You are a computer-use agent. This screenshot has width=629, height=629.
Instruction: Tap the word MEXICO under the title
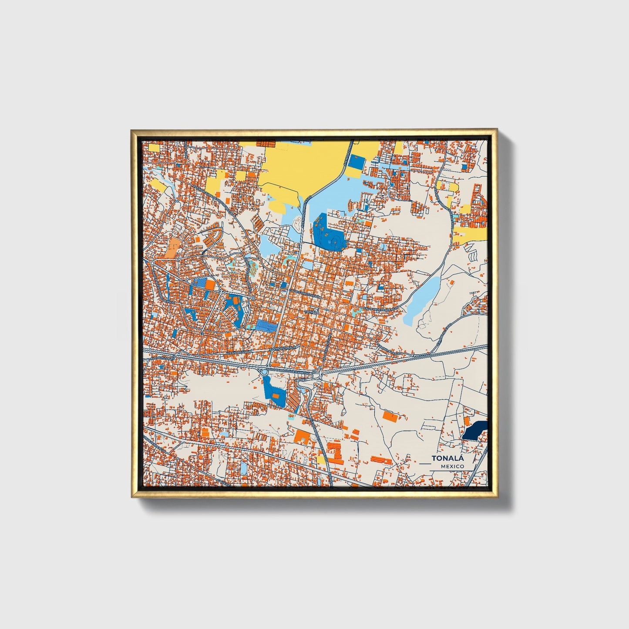452,466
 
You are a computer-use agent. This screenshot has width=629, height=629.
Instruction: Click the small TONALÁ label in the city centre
312,312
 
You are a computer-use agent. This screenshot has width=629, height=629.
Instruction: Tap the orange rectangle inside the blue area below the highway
275,396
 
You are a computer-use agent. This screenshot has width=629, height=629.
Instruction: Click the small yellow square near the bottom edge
321,459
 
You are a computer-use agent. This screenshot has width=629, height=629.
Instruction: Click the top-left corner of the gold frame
131,130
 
